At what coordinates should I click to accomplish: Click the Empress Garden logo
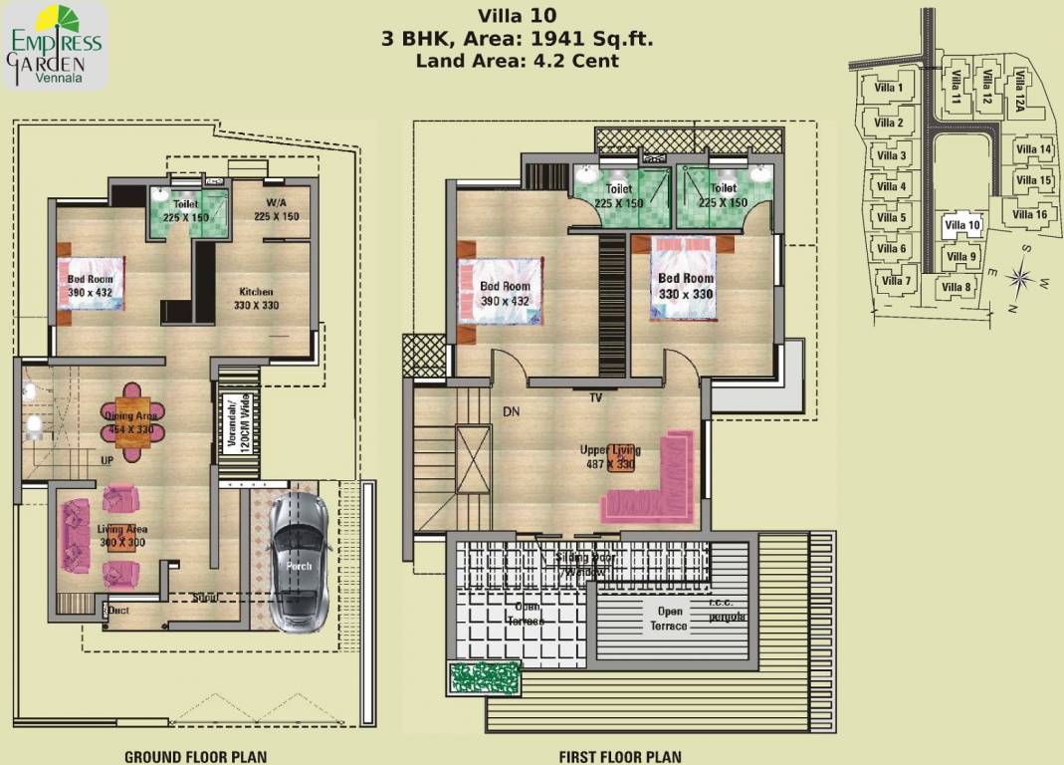56,45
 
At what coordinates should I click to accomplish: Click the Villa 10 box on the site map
961,226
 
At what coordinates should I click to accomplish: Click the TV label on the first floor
595,397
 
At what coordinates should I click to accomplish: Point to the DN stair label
512,410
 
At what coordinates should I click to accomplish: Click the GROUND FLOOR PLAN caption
195,757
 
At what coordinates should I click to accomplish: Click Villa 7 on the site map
895,281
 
